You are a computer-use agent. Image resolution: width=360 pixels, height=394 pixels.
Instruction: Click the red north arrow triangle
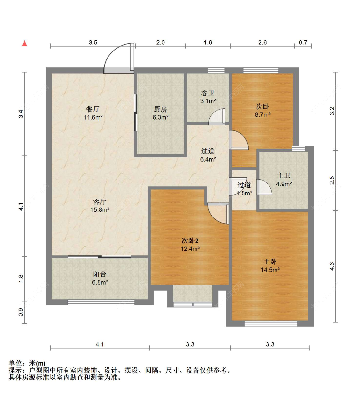pyautogui.click(x=24, y=43)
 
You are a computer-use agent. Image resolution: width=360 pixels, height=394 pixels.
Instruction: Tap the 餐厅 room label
pyautogui.click(x=93, y=109)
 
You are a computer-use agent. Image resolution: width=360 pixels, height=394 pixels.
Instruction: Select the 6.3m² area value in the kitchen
pyautogui.click(x=160, y=117)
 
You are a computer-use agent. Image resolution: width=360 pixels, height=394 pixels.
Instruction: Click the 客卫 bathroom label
pyautogui.click(x=208, y=93)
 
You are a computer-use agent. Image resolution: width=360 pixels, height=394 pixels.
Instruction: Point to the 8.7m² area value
pyautogui.click(x=263, y=114)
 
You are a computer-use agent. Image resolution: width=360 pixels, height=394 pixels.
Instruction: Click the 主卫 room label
pyautogui.click(x=284, y=176)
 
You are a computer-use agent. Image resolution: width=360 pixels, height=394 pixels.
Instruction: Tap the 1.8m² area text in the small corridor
pyautogui.click(x=244, y=193)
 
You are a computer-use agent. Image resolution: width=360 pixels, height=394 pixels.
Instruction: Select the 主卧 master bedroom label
pyautogui.click(x=270, y=262)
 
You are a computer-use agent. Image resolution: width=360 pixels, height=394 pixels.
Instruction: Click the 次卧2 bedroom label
pyautogui.click(x=190, y=240)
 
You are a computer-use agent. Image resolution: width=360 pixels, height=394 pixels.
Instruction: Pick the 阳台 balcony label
pyautogui.click(x=100, y=274)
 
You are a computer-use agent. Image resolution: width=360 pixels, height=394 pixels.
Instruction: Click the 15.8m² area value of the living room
pyautogui.click(x=100, y=210)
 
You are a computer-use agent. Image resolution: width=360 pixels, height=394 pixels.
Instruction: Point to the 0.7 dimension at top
pyautogui.click(x=303, y=43)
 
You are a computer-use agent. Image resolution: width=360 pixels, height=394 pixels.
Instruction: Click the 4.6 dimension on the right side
pyautogui.click(x=332, y=266)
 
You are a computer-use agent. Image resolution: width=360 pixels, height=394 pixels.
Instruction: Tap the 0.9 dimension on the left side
pyautogui.click(x=21, y=312)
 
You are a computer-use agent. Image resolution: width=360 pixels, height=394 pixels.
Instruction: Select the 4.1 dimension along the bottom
pyautogui.click(x=100, y=344)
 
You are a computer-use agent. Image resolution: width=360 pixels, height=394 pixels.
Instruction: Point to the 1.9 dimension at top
pyautogui.click(x=208, y=43)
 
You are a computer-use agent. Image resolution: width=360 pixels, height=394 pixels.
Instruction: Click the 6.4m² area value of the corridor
pyautogui.click(x=208, y=159)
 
